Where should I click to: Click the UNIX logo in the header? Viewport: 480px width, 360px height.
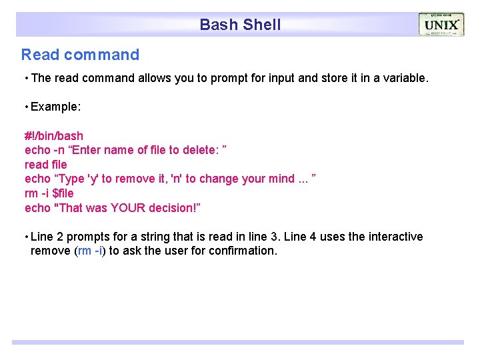pyautogui.click(x=441, y=25)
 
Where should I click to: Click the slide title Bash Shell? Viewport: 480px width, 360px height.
pyautogui.click(x=240, y=25)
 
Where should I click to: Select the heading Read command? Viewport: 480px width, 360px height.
pyautogui.click(x=80, y=55)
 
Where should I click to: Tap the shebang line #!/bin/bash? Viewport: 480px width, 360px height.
pyautogui.click(x=54, y=136)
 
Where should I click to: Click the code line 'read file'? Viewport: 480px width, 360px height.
pyautogui.click(x=46, y=164)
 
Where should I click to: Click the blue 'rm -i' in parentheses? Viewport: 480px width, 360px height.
pyautogui.click(x=90, y=251)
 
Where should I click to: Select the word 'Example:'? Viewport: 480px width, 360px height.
pyautogui.click(x=55, y=107)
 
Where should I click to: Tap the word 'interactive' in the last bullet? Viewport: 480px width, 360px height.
pyautogui.click(x=393, y=237)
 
